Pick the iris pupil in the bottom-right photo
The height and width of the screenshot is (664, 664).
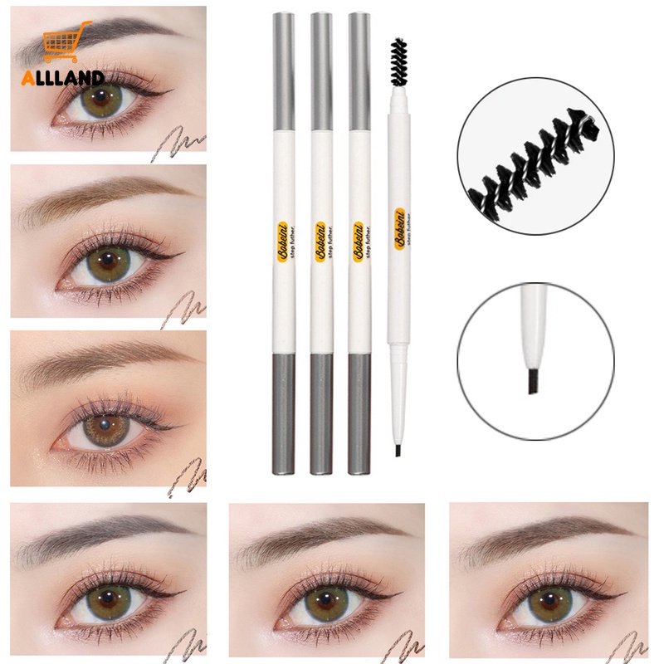point(548,602)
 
